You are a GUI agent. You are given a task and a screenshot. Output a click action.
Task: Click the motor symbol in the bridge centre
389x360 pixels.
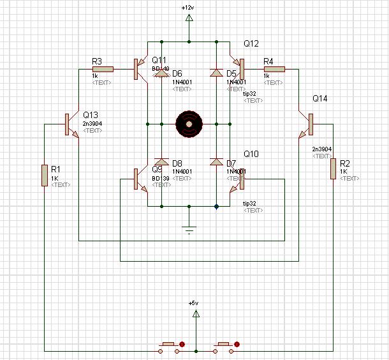tap(189, 124)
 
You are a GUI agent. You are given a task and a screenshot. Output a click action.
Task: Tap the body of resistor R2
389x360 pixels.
tap(333, 169)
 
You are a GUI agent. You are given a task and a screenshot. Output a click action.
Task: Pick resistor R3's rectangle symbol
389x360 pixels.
tap(103, 70)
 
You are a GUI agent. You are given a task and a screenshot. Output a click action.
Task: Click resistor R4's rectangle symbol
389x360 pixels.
tap(274, 70)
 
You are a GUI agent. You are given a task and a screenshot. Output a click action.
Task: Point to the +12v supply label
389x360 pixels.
tap(187, 7)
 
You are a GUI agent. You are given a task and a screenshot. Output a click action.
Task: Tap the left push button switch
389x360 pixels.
tap(169, 347)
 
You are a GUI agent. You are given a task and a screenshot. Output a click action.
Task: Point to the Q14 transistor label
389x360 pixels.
tap(320, 99)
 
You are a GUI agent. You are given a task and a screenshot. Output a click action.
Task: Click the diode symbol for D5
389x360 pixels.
tap(216, 74)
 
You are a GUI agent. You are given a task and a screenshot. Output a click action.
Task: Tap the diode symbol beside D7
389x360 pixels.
tap(216, 163)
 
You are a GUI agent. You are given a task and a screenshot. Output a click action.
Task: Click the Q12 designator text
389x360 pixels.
tap(251, 43)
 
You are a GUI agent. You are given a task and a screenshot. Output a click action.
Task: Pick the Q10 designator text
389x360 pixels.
tap(251, 155)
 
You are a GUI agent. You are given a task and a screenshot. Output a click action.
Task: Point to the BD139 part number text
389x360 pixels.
tap(161, 177)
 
